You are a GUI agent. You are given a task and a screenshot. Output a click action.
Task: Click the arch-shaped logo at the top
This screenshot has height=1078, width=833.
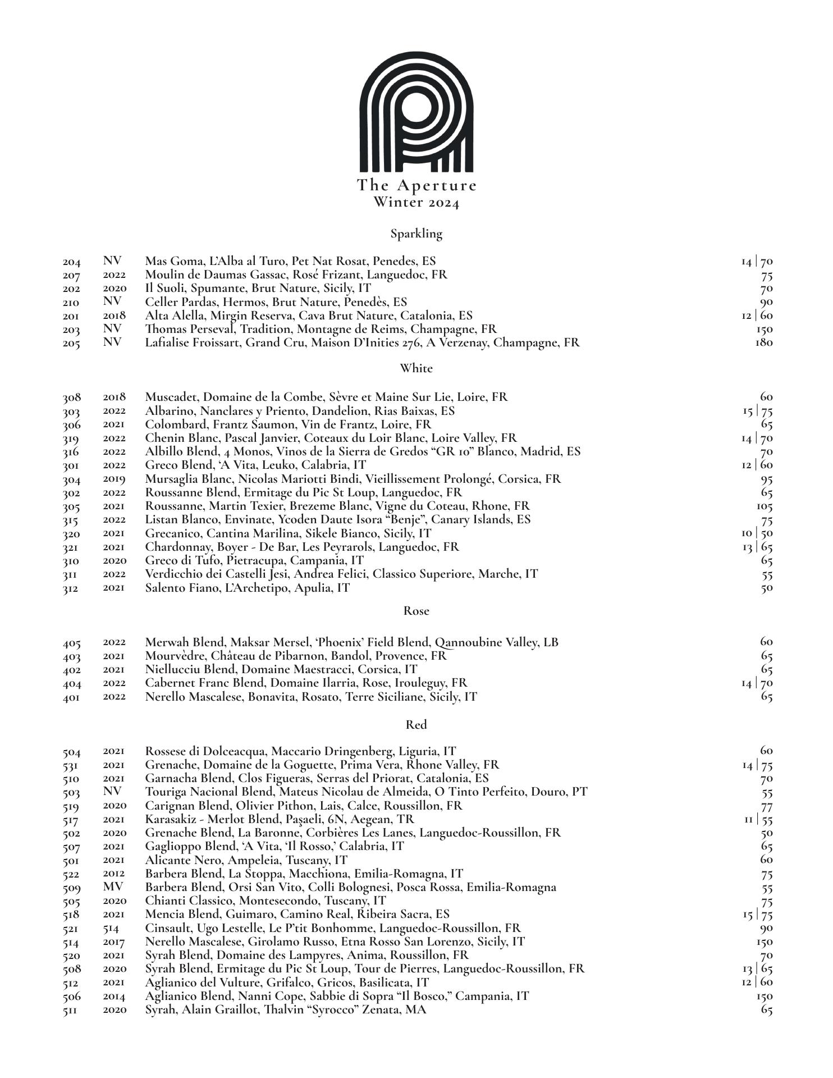(416, 112)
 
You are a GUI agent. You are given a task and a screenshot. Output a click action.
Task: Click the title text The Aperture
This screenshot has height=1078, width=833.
(417, 185)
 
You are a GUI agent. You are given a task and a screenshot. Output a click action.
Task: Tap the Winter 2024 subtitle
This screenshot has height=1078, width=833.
(417, 202)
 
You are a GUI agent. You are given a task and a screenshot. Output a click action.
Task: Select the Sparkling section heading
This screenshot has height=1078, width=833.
(417, 234)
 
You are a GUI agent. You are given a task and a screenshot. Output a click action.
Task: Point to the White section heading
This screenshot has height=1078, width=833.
(417, 368)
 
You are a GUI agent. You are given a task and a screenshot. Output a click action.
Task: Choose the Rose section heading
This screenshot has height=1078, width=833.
(417, 611)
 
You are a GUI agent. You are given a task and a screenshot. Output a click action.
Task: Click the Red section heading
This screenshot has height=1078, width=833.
(417, 725)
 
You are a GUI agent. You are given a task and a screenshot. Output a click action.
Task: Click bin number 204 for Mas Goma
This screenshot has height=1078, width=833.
(71, 262)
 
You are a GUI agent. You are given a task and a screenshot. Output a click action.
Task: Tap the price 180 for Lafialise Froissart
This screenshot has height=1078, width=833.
(764, 342)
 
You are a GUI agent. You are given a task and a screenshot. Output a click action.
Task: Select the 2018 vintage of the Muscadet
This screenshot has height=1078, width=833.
(115, 398)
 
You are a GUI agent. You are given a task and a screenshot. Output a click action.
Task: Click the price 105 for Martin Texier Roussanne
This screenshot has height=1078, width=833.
(765, 506)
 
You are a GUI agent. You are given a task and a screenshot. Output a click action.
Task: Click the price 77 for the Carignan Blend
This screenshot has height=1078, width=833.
(767, 807)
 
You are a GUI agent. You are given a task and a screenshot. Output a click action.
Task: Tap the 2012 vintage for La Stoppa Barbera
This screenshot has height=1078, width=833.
(114, 874)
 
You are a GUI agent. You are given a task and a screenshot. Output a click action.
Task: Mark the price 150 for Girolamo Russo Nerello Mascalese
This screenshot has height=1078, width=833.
(765, 942)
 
